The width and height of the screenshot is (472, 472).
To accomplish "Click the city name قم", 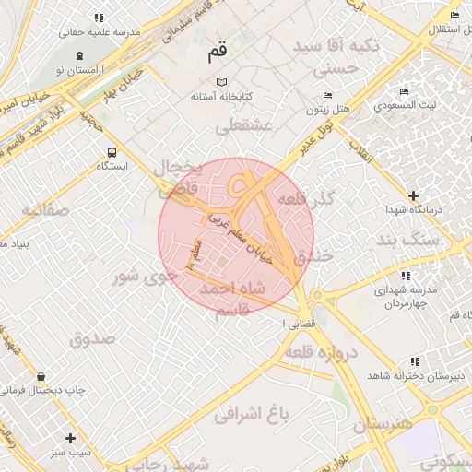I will click(218, 53).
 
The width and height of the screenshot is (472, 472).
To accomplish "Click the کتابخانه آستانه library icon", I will click(219, 82).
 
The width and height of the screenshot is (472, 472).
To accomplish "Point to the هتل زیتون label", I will click(328, 109).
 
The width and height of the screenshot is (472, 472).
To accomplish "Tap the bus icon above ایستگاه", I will click(112, 152).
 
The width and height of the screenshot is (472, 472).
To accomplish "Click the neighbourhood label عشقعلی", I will click(245, 127).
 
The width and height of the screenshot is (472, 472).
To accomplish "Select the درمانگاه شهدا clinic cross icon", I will click(413, 195).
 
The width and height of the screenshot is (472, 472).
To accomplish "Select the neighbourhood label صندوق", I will click(93, 338).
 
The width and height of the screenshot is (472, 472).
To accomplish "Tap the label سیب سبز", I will click(71, 452).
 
